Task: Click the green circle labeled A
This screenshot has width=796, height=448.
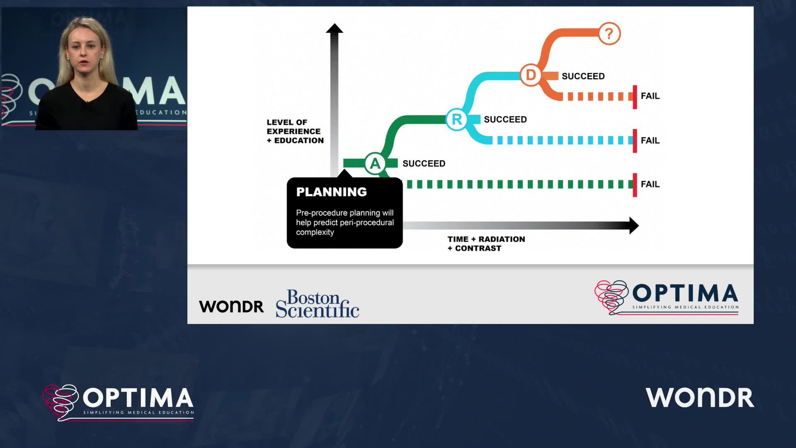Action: pyautogui.click(x=375, y=163)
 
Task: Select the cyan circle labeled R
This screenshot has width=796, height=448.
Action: pyautogui.click(x=456, y=119)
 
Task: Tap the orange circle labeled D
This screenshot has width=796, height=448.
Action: pyautogui.click(x=531, y=75)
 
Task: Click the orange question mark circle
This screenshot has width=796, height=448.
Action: pyautogui.click(x=609, y=34)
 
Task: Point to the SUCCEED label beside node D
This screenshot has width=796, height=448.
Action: pyautogui.click(x=583, y=76)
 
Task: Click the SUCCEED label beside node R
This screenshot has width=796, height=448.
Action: pyautogui.click(x=505, y=119)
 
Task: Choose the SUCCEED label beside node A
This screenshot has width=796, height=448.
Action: pyautogui.click(x=424, y=163)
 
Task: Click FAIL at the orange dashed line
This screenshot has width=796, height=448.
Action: pyautogui.click(x=650, y=96)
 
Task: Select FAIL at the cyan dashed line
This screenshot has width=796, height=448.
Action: pyautogui.click(x=650, y=141)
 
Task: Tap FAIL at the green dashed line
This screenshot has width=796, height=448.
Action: pyautogui.click(x=650, y=184)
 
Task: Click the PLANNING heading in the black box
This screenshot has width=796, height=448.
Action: pyautogui.click(x=332, y=192)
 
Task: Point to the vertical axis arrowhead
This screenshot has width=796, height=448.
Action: pyautogui.click(x=334, y=28)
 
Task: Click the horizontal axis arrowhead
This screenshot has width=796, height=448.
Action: pyautogui.click(x=634, y=226)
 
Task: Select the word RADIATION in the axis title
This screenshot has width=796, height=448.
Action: pyautogui.click(x=502, y=239)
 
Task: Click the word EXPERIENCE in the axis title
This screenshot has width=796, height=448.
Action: pyautogui.click(x=294, y=131)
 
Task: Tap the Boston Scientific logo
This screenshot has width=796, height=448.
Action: pyautogui.click(x=318, y=304)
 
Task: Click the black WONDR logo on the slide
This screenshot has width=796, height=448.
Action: pyautogui.click(x=231, y=307)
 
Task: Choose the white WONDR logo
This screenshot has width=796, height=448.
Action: pyautogui.click(x=700, y=397)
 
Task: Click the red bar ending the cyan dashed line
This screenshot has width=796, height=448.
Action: pyautogui.click(x=635, y=141)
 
